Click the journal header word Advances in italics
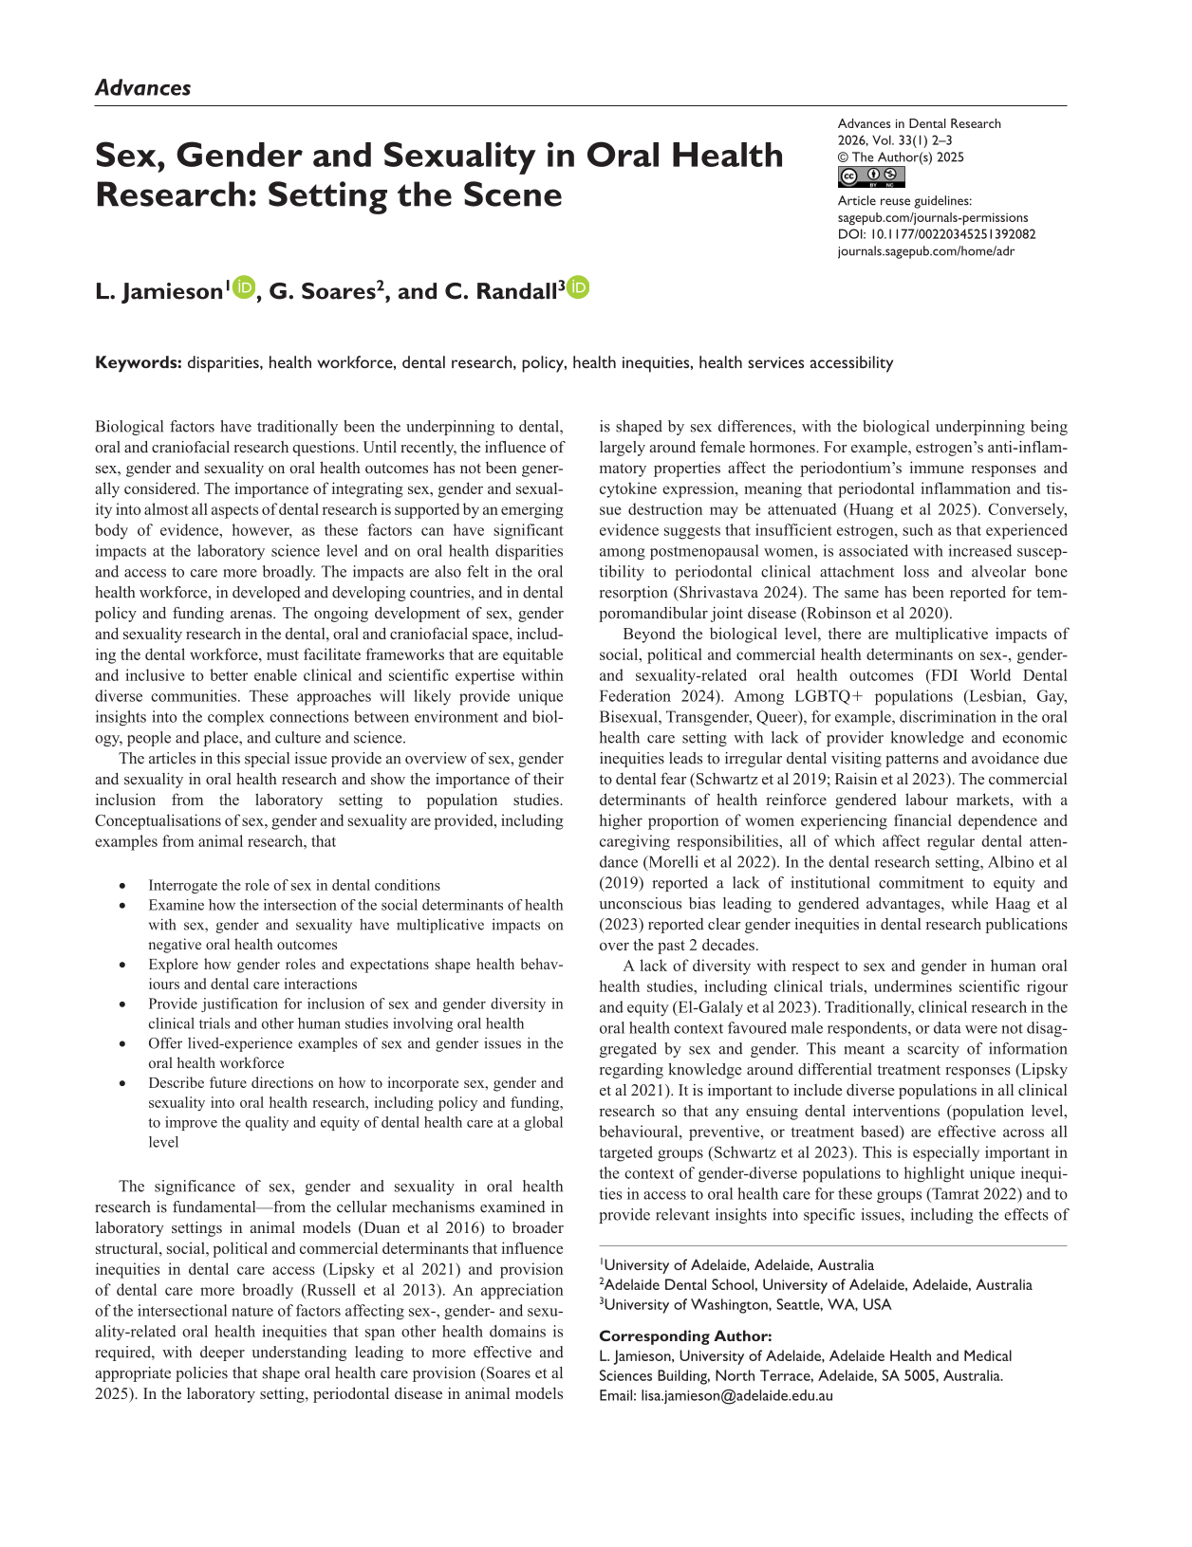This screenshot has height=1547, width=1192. point(142,88)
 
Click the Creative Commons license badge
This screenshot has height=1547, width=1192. point(871,177)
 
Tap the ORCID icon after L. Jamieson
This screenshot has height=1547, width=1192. point(245,287)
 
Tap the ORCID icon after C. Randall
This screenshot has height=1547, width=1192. point(578,287)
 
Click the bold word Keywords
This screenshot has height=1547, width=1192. point(138,362)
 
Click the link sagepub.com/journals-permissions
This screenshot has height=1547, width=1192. point(933,217)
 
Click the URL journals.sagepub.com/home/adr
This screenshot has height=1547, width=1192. point(926,251)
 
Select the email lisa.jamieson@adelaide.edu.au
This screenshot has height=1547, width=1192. point(736,1395)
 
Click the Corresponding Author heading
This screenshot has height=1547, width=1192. point(686,1335)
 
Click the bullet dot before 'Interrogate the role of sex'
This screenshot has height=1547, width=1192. point(123,886)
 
